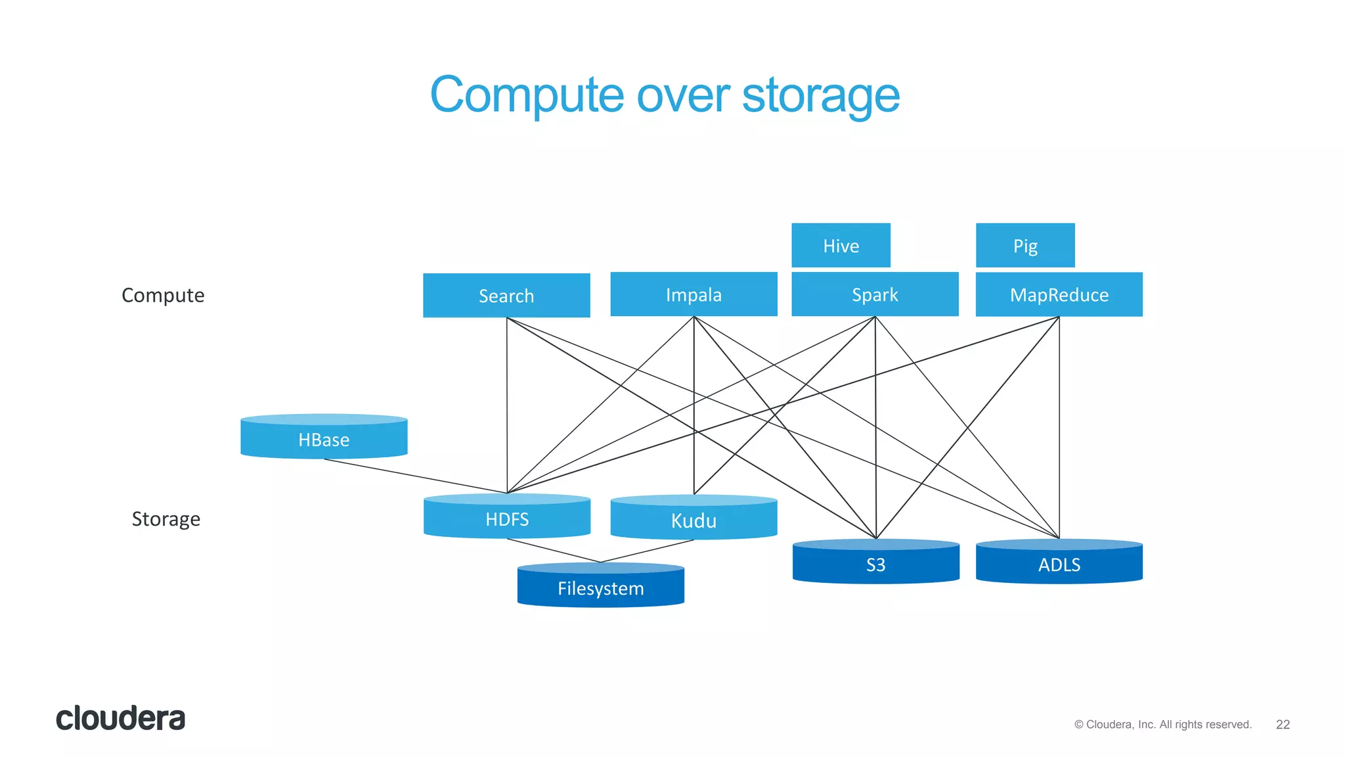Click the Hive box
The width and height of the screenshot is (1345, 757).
tap(841, 246)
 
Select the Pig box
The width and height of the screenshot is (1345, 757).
tap(1025, 246)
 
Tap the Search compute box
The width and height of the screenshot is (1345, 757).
tap(506, 296)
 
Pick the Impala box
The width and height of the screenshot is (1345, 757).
tap(694, 294)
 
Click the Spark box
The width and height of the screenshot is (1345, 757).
tap(875, 294)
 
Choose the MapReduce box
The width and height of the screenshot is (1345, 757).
tap(1059, 294)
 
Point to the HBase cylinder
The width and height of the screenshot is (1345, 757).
tap(324, 438)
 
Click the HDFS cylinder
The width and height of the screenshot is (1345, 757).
tap(506, 518)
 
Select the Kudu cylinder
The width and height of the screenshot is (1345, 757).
tap(694, 519)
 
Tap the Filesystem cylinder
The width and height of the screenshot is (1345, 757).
tap(600, 587)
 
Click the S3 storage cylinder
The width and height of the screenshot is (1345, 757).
tap(875, 563)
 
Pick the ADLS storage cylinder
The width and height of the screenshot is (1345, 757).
tap(1059, 563)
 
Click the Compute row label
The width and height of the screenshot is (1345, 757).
tap(163, 295)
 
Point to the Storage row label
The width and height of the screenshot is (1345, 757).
tap(165, 518)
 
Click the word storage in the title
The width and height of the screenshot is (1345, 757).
tap(820, 96)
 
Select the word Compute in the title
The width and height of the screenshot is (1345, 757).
tap(526, 96)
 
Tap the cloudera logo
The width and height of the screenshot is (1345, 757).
tap(120, 718)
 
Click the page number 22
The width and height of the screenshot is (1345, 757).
tap(1283, 724)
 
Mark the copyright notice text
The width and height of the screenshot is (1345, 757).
tap(1162, 724)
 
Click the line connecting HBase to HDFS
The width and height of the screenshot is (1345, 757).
tap(416, 476)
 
